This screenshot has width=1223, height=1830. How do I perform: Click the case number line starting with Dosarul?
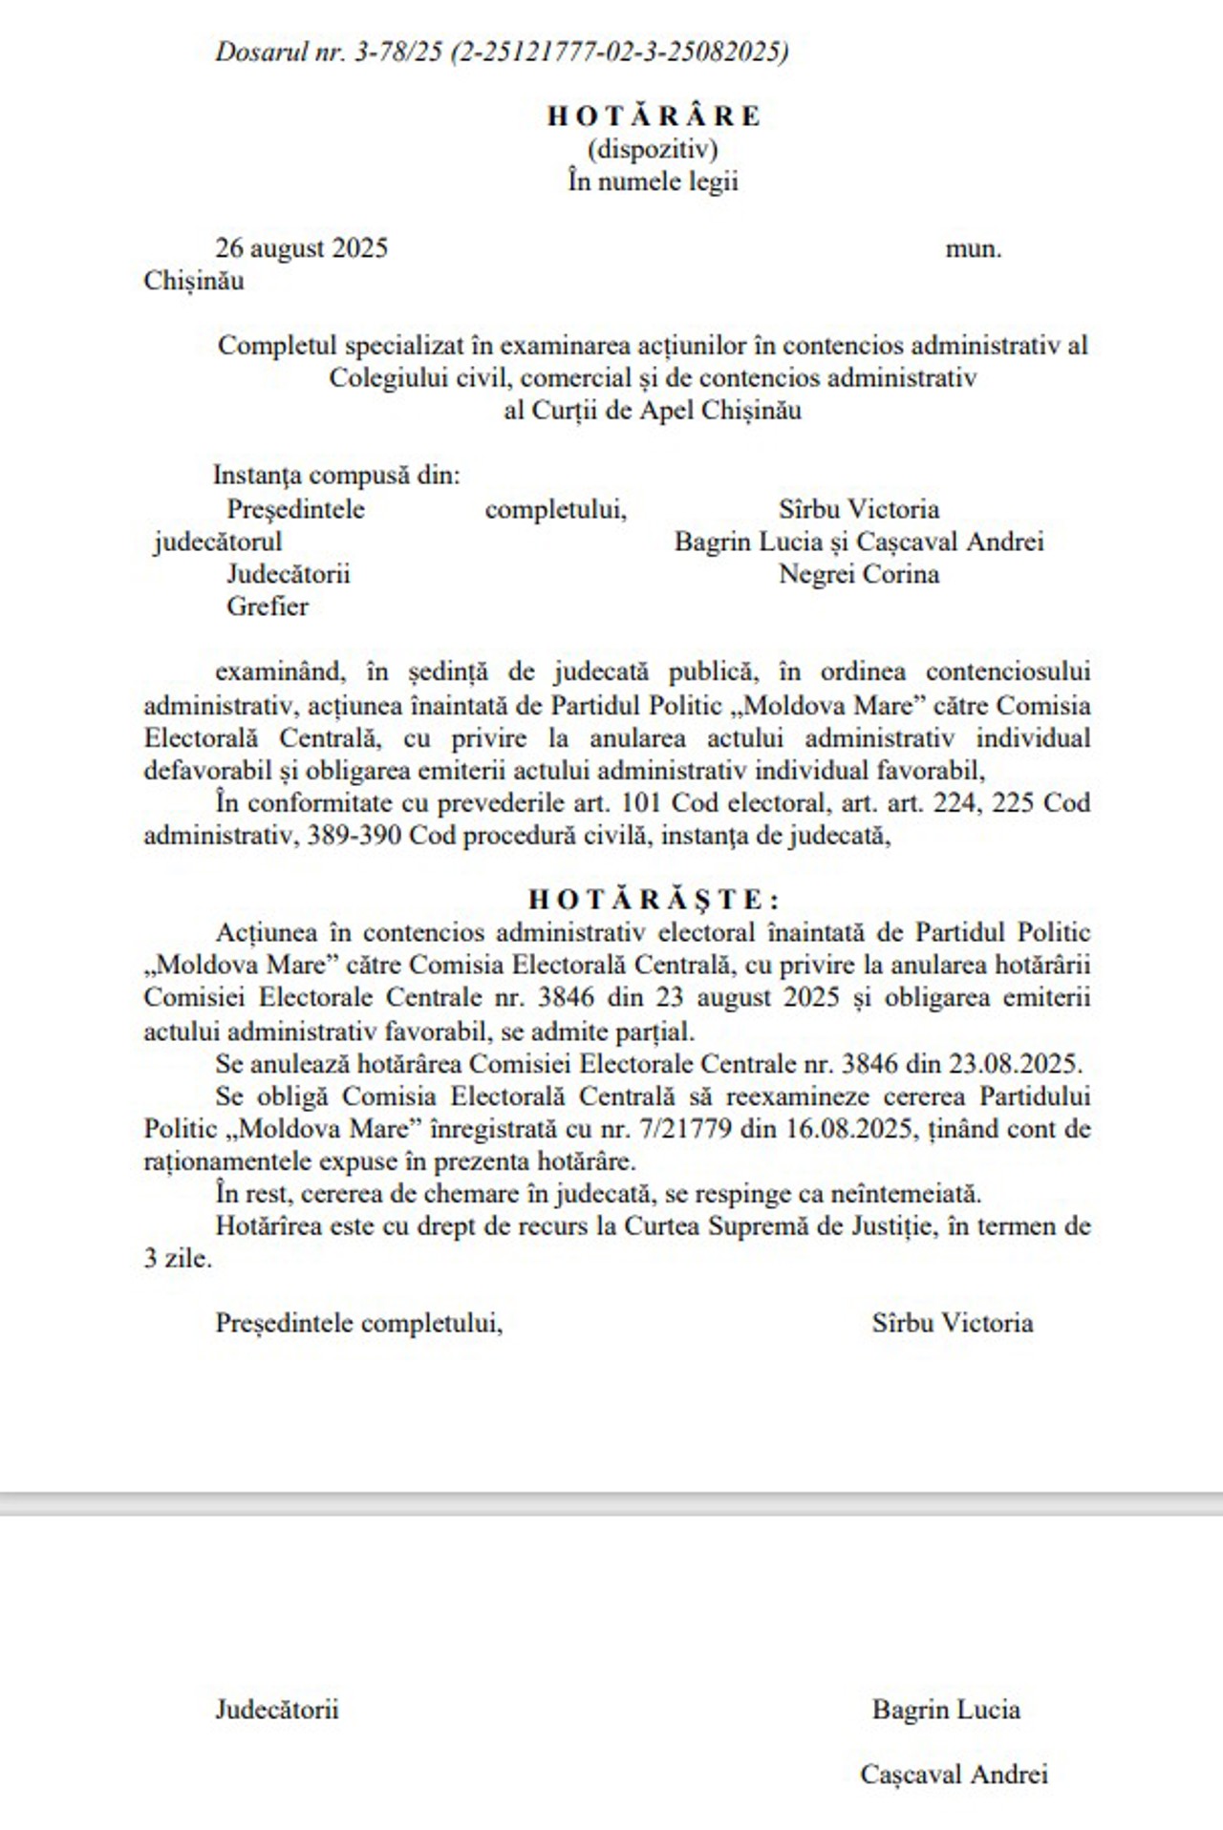[502, 52]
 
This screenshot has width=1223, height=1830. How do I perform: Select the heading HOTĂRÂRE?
[654, 117]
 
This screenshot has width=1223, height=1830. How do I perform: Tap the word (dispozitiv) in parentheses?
[654, 149]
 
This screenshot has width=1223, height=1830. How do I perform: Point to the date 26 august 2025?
[302, 248]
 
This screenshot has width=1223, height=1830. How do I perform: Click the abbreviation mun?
[974, 249]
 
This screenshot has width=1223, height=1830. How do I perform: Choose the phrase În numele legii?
[654, 181]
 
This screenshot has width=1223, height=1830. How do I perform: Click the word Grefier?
[268, 606]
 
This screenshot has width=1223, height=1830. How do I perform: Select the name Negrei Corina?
[859, 574]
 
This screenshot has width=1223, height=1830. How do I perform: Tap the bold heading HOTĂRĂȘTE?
[654, 900]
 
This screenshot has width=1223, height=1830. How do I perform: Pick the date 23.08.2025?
[1014, 1064]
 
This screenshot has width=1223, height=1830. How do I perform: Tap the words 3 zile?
[178, 1259]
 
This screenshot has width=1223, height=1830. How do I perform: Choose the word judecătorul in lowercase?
[218, 542]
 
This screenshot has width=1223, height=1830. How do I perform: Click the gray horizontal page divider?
[611, 1502]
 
